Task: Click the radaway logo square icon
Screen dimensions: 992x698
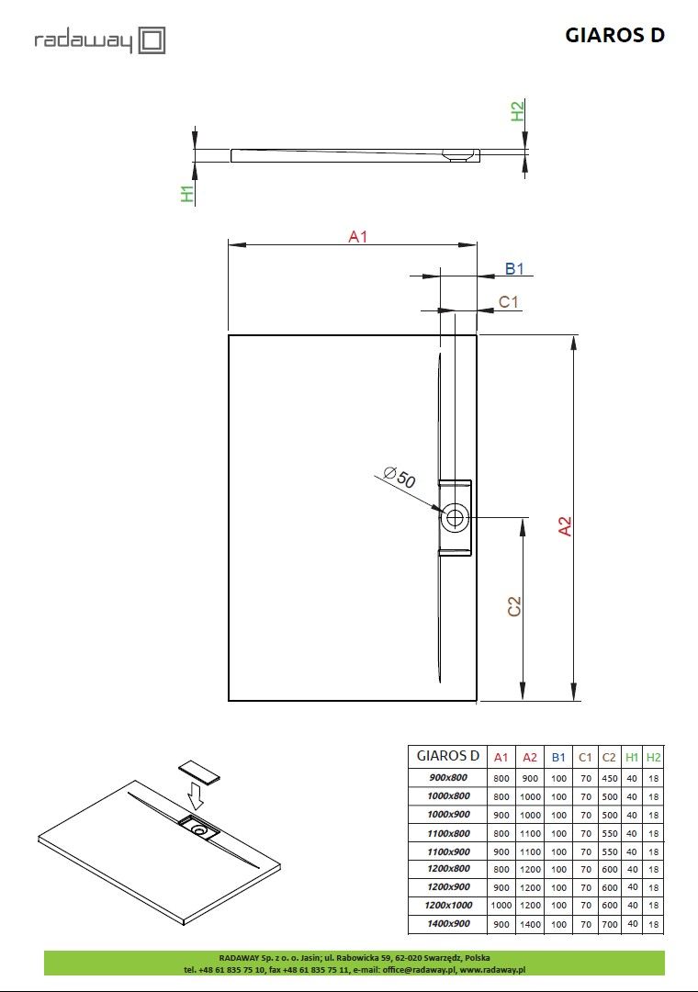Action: click(x=152, y=40)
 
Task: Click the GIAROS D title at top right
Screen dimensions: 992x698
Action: click(x=614, y=36)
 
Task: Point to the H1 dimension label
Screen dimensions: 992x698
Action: click(x=187, y=194)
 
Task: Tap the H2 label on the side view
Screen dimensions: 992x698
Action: click(x=518, y=112)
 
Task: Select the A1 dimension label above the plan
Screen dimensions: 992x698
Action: click(x=357, y=237)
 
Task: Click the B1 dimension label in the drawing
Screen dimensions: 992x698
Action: click(x=514, y=269)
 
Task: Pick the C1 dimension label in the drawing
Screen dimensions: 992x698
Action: click(x=509, y=302)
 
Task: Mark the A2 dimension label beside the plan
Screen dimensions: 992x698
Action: click(x=566, y=525)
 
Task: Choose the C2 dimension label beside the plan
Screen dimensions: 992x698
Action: click(x=514, y=606)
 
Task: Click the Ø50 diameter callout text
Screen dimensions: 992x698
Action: click(x=400, y=479)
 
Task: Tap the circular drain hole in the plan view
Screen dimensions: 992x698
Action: click(x=454, y=517)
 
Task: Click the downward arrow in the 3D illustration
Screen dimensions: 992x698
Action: click(x=196, y=793)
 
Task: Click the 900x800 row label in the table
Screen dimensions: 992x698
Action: click(x=448, y=778)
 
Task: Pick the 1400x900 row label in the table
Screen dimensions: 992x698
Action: click(x=448, y=924)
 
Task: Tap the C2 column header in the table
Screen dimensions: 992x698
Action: click(x=609, y=757)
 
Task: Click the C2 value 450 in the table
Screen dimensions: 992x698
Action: click(x=609, y=778)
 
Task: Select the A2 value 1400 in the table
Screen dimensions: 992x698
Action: click(x=530, y=924)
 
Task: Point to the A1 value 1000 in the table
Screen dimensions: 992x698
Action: click(x=501, y=906)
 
